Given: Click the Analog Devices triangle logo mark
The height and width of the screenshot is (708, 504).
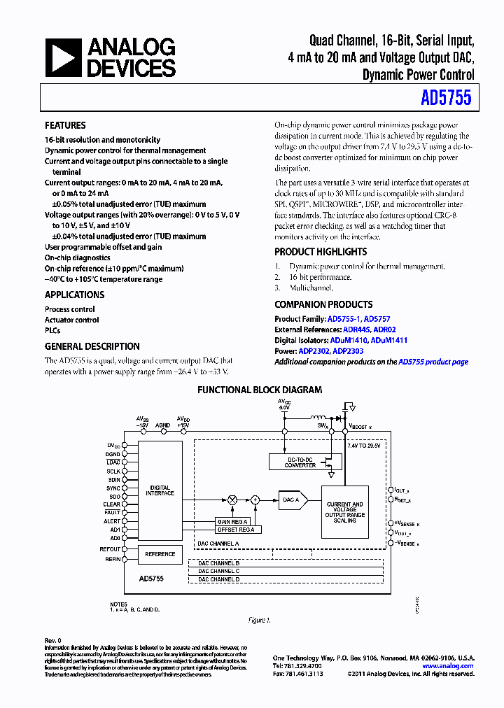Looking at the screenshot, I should (x=63, y=57).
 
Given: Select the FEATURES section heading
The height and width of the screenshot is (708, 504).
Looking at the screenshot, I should (x=65, y=126).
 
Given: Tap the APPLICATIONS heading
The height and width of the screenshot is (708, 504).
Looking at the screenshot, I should (x=74, y=295).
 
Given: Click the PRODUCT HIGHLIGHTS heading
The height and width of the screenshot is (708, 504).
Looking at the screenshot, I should (x=320, y=252).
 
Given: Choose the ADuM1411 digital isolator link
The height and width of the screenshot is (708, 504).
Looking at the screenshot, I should (x=388, y=341).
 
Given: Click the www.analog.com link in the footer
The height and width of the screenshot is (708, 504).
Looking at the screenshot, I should (x=448, y=666).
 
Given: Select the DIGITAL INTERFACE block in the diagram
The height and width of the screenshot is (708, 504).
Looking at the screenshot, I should (x=160, y=490).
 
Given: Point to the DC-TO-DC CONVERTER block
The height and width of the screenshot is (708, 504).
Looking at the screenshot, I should (x=300, y=462).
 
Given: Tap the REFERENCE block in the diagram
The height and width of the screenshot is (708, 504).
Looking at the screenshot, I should (x=160, y=554).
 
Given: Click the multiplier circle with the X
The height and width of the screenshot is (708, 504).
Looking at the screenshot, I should (x=232, y=500).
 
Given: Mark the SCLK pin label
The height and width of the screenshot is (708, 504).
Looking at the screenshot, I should (x=114, y=471).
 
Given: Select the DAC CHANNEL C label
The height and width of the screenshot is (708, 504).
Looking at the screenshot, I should (x=218, y=571).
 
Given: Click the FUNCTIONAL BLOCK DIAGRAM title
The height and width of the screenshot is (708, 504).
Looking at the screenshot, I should (x=260, y=390).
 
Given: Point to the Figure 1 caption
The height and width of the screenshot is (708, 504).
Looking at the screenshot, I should (x=259, y=620).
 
